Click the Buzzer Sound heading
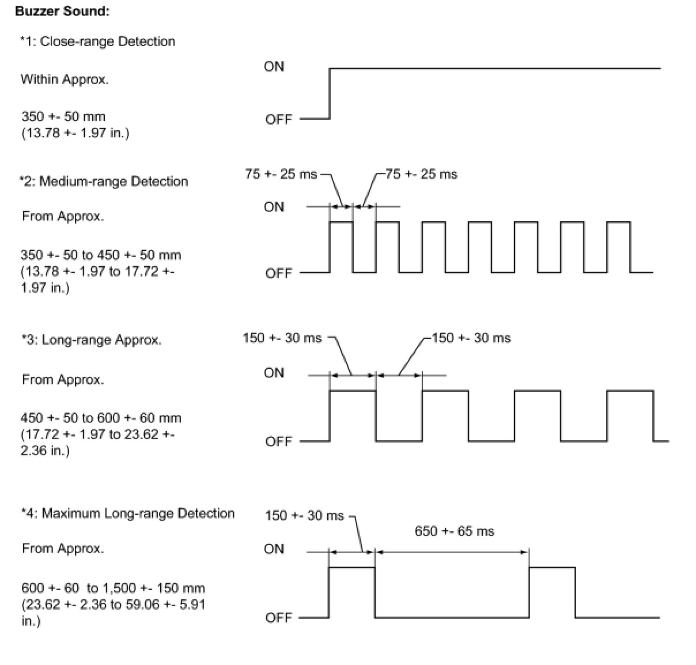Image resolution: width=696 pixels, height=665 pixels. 62,11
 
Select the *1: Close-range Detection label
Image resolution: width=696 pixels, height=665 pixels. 97,41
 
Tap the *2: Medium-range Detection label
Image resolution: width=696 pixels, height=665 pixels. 104,182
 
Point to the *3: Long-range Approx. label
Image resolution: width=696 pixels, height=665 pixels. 91,340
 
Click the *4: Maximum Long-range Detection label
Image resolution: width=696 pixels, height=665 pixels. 127,513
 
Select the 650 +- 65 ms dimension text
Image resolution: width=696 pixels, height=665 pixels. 454,531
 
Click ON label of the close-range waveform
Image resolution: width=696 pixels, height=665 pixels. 274,67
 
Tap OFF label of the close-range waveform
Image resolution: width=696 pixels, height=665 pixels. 279,120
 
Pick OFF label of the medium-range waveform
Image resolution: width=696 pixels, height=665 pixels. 279,273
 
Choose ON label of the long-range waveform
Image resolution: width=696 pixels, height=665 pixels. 274,373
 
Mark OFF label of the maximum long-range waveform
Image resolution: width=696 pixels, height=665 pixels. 279,618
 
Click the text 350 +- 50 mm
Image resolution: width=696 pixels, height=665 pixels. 63,117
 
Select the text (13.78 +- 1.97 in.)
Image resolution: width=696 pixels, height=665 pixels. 75,133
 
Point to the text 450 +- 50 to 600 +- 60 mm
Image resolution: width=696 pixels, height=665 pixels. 101,418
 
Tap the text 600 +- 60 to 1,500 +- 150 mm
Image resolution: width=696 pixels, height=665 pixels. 113,588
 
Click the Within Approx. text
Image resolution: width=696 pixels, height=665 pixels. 65,80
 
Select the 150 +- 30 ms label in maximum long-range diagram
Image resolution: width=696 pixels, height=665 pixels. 304,516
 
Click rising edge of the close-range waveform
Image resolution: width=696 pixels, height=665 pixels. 330,93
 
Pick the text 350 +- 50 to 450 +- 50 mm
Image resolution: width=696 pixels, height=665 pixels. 101,255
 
